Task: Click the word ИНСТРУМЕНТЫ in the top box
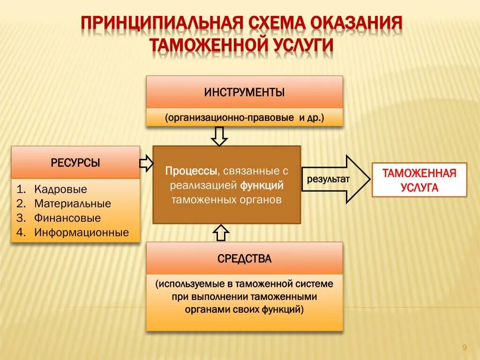(x=244, y=92)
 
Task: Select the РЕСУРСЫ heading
(x=75, y=163)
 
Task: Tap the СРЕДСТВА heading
(x=244, y=258)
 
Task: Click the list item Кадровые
(x=60, y=189)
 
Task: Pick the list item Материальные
(x=72, y=203)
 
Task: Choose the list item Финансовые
(x=67, y=218)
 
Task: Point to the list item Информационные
(x=81, y=232)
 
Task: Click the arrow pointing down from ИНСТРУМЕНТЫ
(x=219, y=136)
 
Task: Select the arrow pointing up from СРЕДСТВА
(x=221, y=232)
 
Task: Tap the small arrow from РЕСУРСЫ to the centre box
(x=146, y=163)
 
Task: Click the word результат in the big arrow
(x=328, y=180)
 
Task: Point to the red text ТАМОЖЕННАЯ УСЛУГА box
(x=419, y=180)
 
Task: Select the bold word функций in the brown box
(x=262, y=185)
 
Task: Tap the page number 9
(x=464, y=347)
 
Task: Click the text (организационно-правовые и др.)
(x=244, y=117)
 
